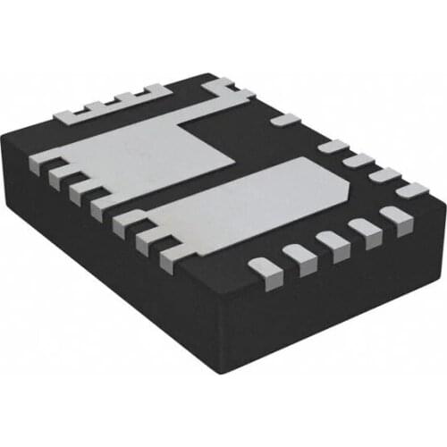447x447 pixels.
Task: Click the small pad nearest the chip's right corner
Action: (x=412, y=190)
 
